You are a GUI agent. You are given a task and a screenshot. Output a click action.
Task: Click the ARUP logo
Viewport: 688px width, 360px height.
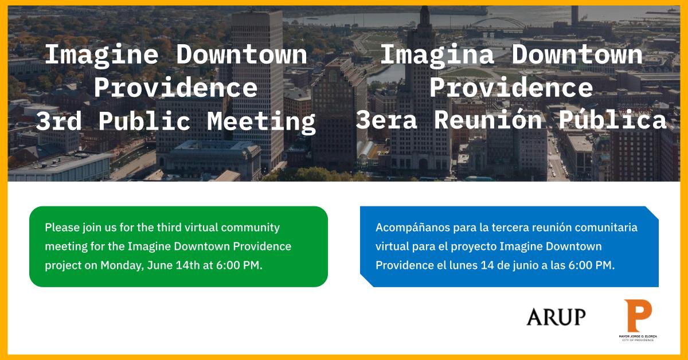[x=556, y=316]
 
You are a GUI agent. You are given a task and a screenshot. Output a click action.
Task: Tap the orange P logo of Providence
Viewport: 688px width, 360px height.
[x=638, y=316]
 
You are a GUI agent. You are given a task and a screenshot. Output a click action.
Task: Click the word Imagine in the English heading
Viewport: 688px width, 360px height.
[x=101, y=55]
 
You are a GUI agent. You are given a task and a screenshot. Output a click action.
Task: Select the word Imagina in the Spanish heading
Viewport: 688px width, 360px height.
[x=437, y=55]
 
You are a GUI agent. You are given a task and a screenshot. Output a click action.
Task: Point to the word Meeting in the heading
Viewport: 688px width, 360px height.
[x=261, y=122]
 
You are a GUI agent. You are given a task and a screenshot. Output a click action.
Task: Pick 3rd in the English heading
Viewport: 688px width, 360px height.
[x=58, y=121]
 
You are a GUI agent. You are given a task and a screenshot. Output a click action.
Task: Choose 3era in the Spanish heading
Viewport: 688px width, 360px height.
[x=386, y=120]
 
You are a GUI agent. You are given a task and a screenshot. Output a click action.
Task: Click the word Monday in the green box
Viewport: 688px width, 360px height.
[x=122, y=265]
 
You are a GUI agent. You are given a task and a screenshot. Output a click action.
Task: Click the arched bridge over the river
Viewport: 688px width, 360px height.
[x=498, y=23]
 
